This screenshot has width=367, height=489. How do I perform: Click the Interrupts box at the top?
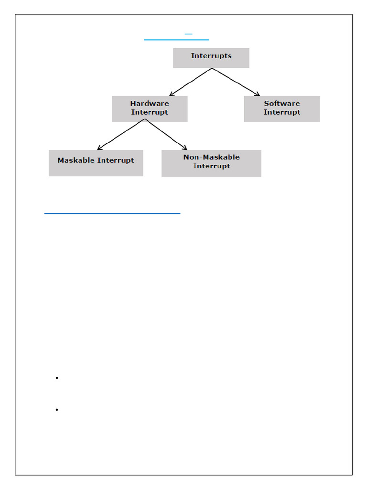(211, 58)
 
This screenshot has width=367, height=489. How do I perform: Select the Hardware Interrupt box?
(150, 109)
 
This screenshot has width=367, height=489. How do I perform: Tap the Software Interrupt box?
(282, 109)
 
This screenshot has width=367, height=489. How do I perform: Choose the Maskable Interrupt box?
(96, 163)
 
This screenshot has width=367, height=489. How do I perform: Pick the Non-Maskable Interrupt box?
(211, 163)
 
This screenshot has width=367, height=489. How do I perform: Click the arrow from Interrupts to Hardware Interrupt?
(191, 82)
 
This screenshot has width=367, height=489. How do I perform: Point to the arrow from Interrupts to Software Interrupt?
(236, 82)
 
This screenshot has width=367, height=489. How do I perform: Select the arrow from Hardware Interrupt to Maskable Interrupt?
(121, 134)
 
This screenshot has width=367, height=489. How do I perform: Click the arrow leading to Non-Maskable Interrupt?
(166, 134)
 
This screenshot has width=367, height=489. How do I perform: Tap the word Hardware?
(150, 104)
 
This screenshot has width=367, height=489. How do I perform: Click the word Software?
(282, 104)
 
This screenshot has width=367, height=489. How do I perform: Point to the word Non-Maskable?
(211, 157)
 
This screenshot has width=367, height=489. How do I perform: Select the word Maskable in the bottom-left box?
(76, 160)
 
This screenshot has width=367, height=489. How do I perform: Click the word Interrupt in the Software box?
(282, 112)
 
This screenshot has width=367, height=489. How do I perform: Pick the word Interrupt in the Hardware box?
(150, 112)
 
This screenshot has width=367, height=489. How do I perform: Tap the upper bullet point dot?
(57, 378)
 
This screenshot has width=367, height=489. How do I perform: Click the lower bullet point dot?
(57, 410)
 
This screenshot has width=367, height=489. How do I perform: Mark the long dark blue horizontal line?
(112, 213)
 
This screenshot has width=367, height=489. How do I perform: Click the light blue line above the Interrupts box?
(176, 40)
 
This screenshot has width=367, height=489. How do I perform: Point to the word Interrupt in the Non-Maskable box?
(211, 166)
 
